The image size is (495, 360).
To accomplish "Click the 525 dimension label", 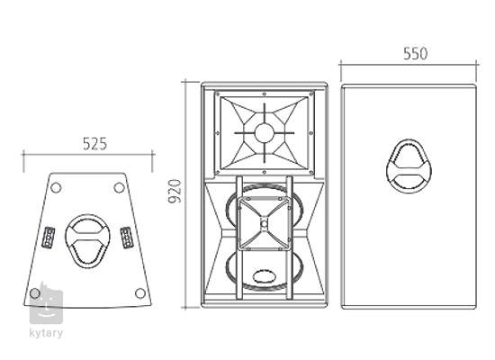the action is coord(95,144).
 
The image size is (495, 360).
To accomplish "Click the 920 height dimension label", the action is coord(175,191).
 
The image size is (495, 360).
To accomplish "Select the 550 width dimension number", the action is coord(416,53).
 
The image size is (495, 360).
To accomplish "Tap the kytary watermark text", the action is coord(46,333).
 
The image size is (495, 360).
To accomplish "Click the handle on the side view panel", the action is coord(409,166).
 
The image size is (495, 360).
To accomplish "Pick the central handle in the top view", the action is coord(87,241).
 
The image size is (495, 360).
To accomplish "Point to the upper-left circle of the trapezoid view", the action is coord(56,187).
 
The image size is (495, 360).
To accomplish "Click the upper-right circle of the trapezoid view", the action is coord(119,187).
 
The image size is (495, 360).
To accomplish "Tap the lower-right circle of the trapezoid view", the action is coord(140,293).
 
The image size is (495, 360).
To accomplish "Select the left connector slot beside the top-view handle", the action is coord(49,238).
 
